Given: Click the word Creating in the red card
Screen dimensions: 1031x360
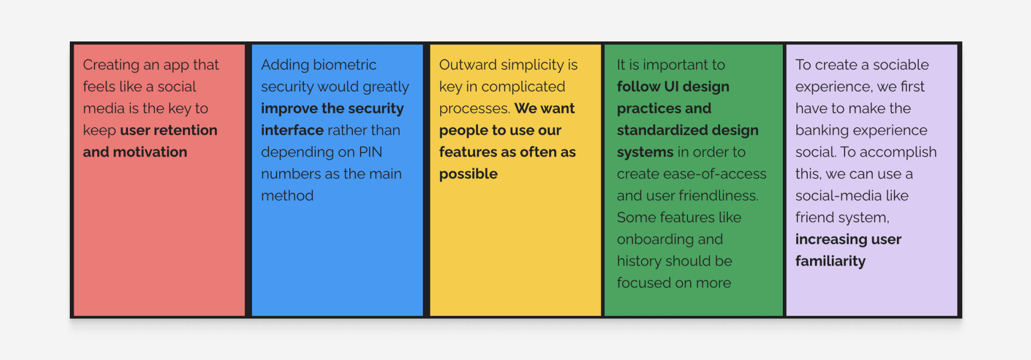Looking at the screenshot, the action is pos(111,65).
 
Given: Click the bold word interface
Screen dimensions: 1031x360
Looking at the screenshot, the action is pos(292,130).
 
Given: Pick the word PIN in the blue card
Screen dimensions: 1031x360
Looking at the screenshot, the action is pos(370,152).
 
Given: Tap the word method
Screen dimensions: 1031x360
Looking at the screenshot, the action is pos(287,196).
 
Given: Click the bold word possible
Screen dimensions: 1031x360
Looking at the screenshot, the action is pos(469,175).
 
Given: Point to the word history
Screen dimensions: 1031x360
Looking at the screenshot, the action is pos(639,262).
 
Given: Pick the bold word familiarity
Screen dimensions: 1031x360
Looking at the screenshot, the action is pos(830,262).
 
